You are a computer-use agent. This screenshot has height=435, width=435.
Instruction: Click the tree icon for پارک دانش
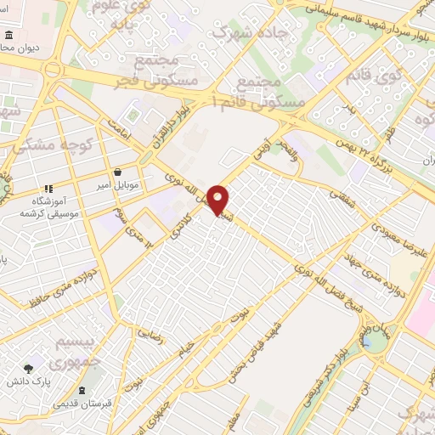(x=29, y=369)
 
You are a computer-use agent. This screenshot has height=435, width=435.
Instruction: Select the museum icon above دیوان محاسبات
(x=8, y=37)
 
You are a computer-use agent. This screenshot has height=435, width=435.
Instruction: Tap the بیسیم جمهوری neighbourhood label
(x=71, y=352)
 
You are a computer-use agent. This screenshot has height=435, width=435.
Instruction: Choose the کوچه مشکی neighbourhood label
(x=57, y=144)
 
